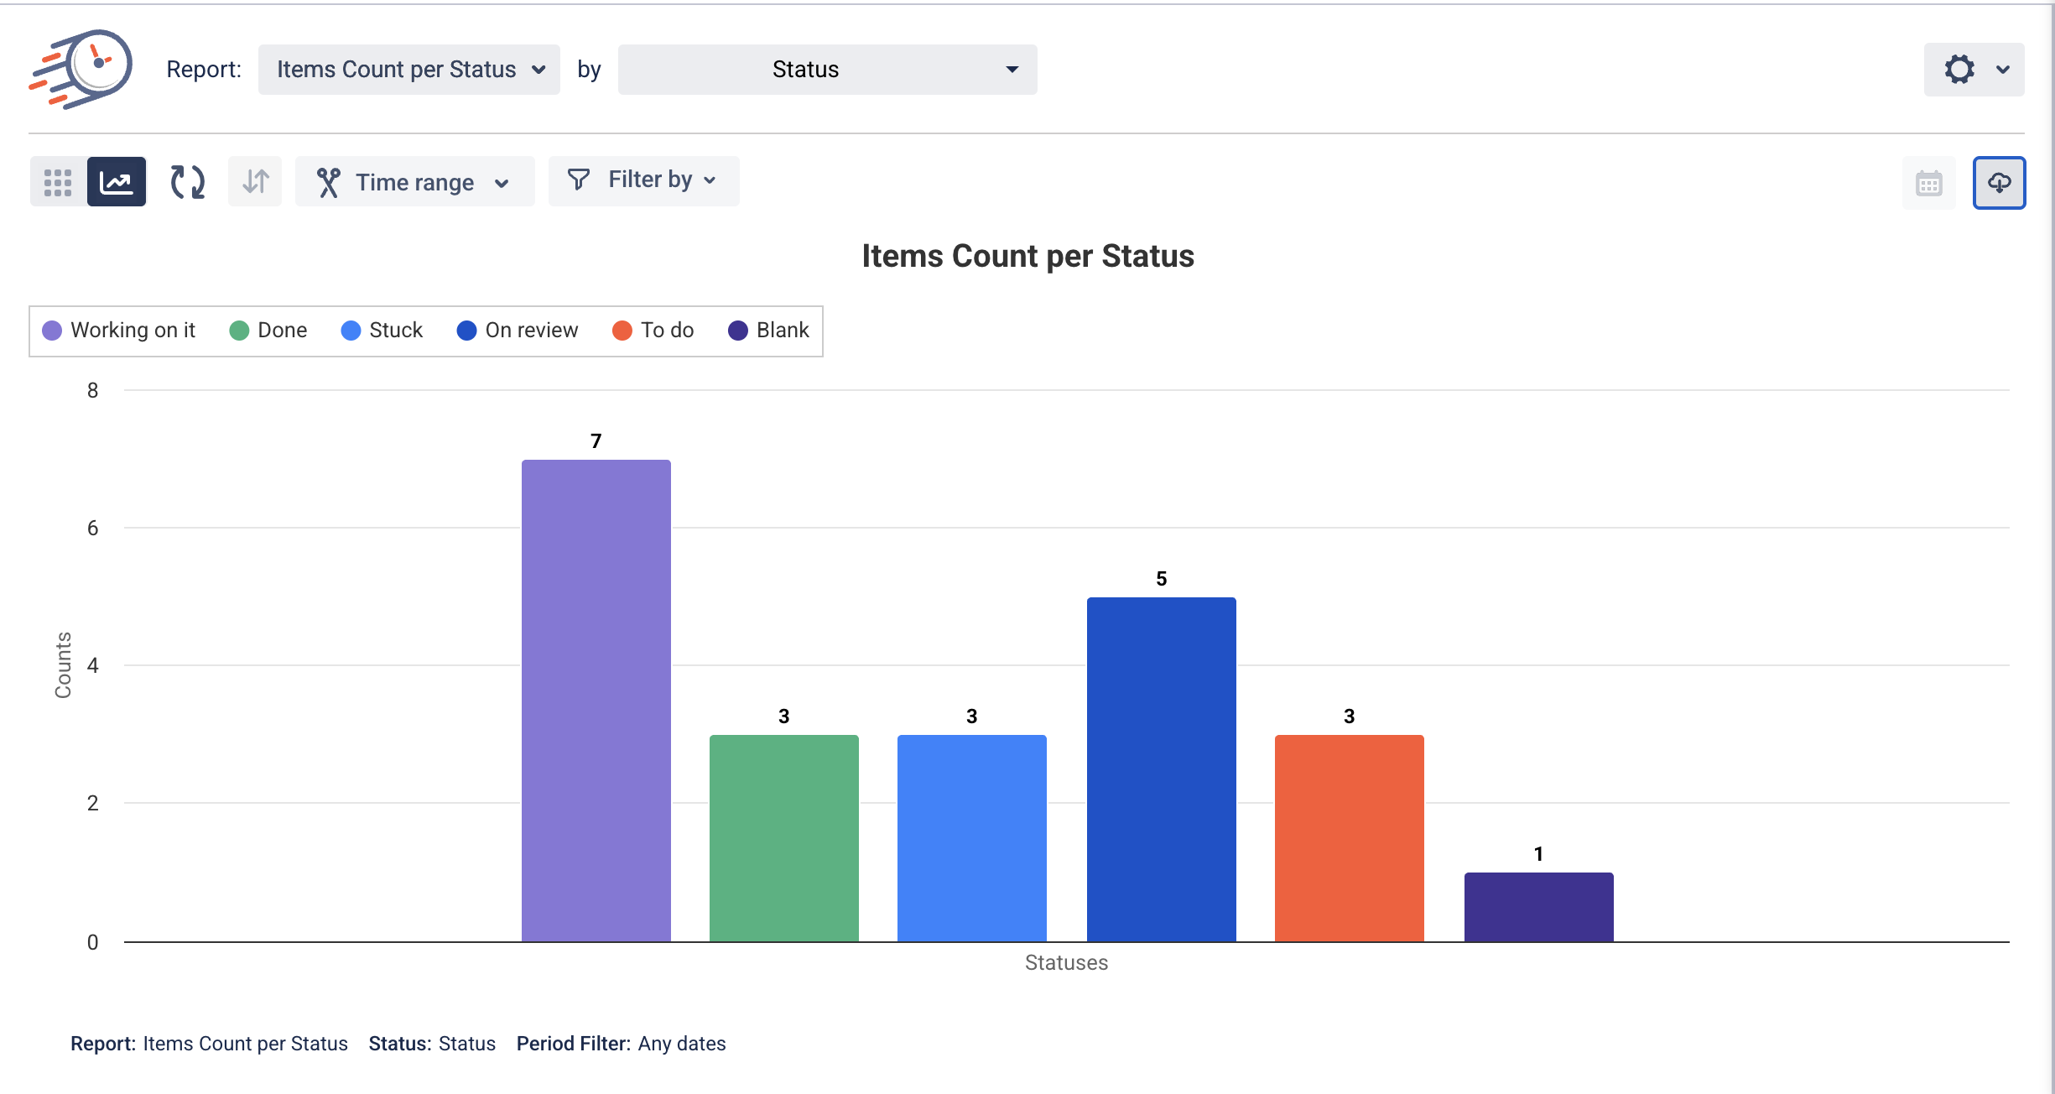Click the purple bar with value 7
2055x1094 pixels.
pos(596,701)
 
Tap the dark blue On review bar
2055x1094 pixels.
pos(1161,768)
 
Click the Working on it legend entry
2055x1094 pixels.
pos(119,331)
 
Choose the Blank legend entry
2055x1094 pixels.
pos(769,331)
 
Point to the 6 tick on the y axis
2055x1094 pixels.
pos(92,528)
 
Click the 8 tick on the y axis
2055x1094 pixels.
pos(92,390)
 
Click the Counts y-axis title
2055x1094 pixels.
pos(63,664)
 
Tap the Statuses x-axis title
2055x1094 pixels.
pos(1066,962)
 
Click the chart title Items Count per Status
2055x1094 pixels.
pos(1027,256)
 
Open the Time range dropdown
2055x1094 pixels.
pos(414,182)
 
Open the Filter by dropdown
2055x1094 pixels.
pos(643,180)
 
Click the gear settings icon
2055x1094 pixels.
pos(1959,70)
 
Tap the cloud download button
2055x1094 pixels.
pos(1999,182)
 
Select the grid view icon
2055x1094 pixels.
pos(58,182)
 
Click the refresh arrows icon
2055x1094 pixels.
pos(187,182)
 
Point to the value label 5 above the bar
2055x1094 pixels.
pos(1161,579)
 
